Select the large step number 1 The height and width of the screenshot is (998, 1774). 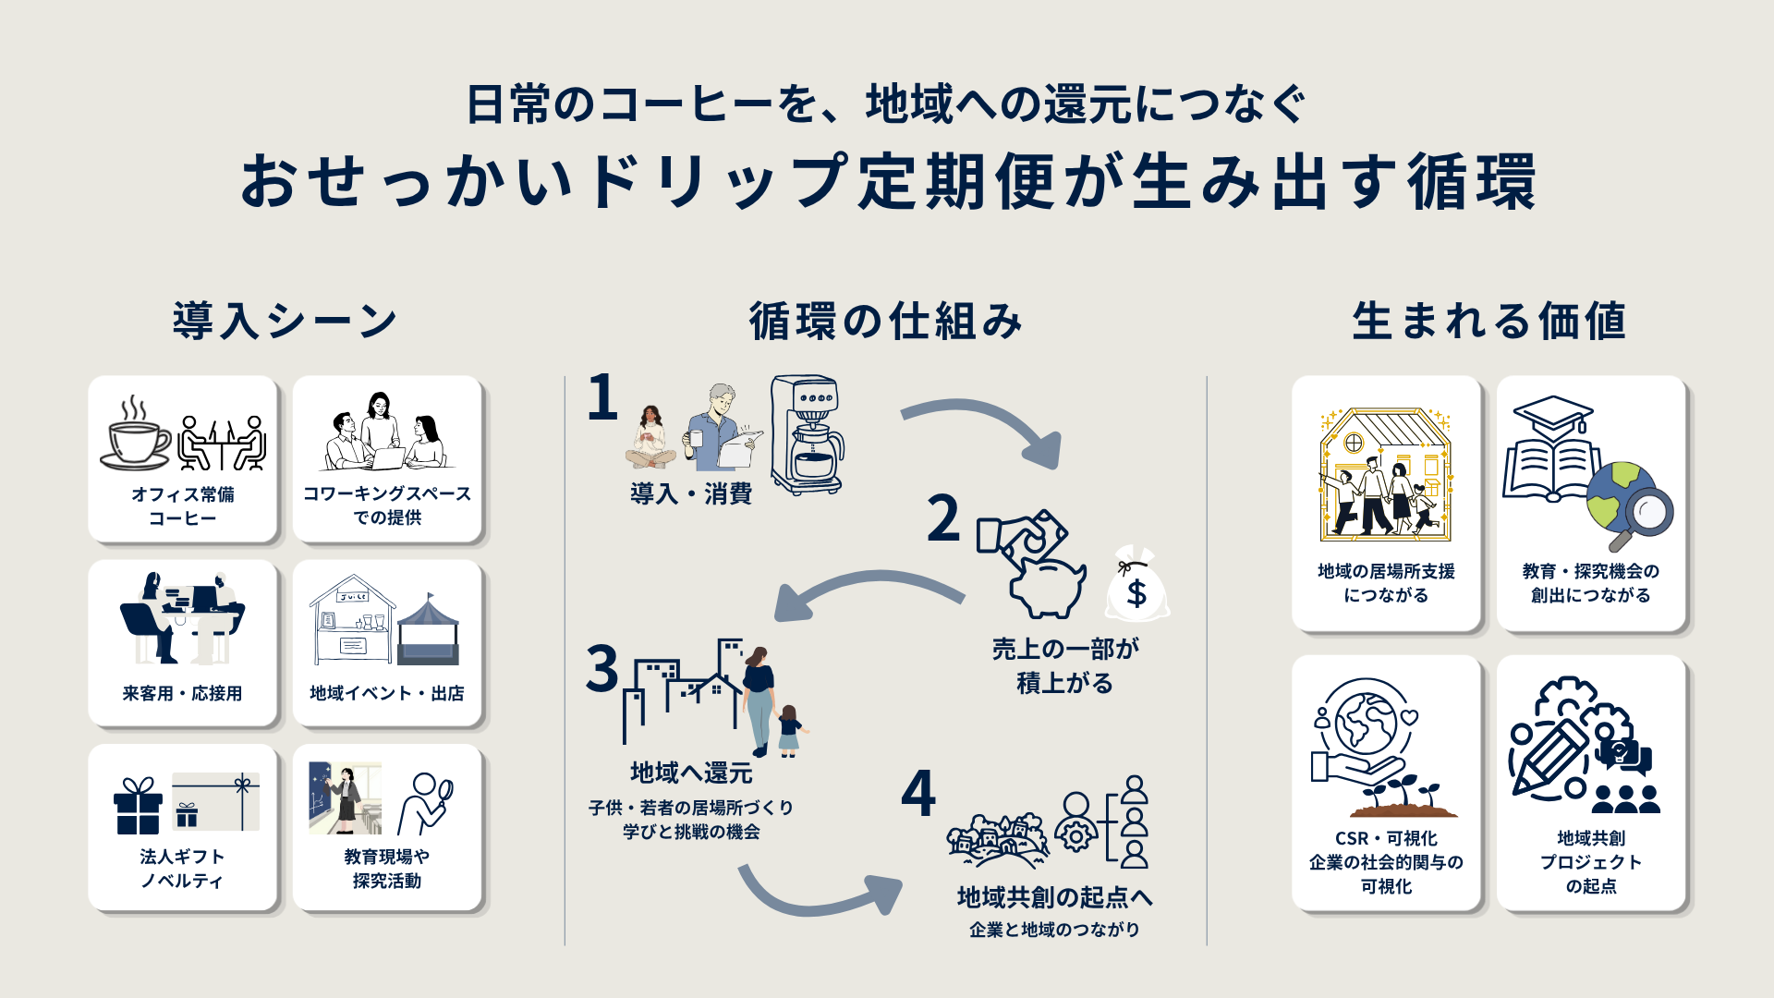point(602,397)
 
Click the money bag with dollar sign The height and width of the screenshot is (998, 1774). point(1136,584)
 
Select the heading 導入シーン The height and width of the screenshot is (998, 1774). point(286,321)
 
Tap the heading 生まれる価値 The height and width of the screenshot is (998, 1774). point(1488,321)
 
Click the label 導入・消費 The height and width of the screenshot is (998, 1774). point(691,493)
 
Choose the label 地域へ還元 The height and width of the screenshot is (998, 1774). point(691,773)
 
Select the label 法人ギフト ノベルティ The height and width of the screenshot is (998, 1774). point(182,869)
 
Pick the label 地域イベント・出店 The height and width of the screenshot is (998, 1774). point(387,693)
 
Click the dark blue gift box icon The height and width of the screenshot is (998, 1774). point(138,807)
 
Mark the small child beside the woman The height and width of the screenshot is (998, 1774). point(789,730)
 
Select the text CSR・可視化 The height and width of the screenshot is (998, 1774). point(1386,838)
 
